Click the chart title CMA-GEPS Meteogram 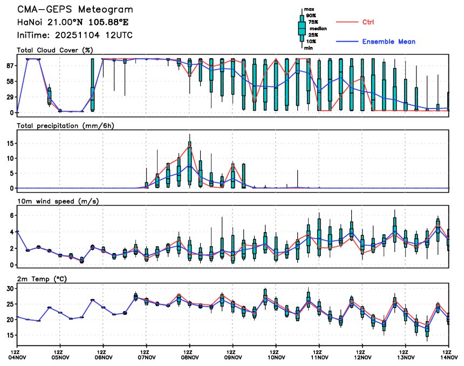[74, 10]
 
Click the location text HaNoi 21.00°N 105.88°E [74, 23]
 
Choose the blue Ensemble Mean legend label [388, 42]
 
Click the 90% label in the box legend [311, 16]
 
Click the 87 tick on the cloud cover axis [9, 65]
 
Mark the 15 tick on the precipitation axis [9, 144]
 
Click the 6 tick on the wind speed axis [11, 215]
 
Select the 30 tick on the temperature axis [9, 289]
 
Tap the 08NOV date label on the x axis [190, 357]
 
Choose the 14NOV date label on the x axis [449, 357]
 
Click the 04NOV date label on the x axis [17, 357]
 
